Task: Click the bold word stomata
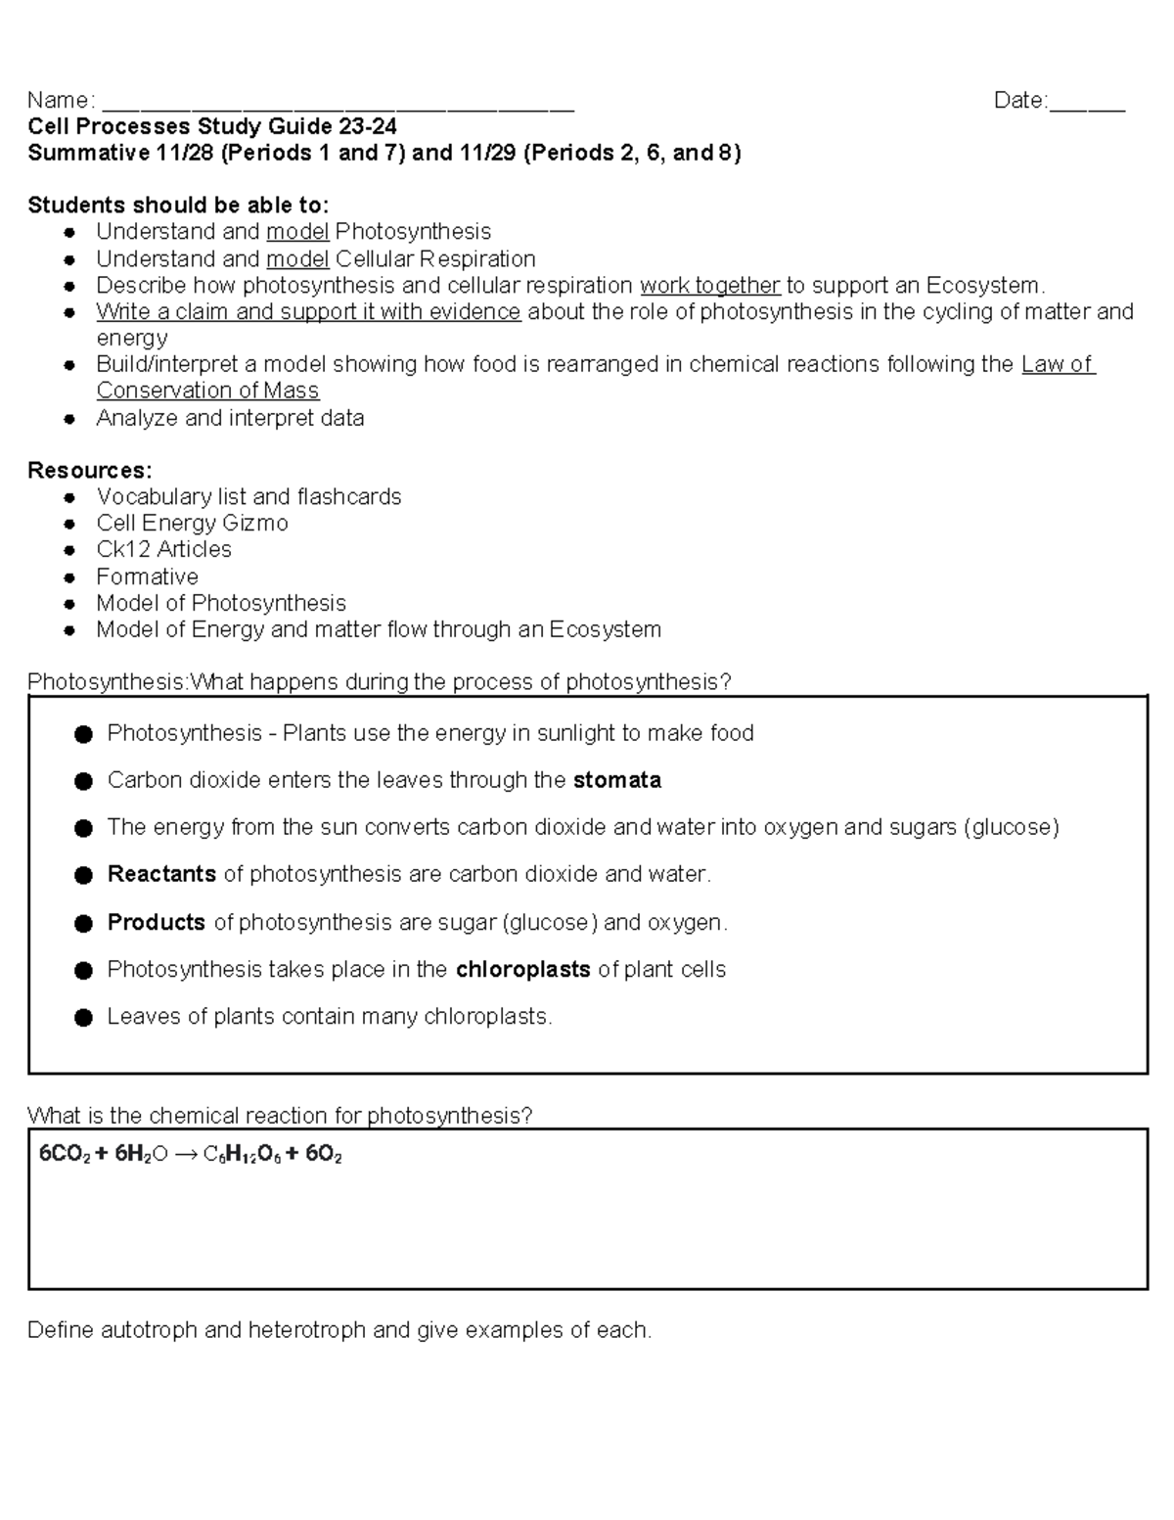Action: (x=617, y=780)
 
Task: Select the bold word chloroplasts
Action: (x=522, y=969)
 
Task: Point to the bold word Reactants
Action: (x=161, y=874)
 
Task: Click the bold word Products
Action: (x=157, y=922)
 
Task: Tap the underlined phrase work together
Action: (x=710, y=286)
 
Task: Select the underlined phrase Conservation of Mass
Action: (x=207, y=391)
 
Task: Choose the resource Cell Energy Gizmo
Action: (x=192, y=523)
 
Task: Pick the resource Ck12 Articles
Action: (x=163, y=549)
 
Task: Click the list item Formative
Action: (x=147, y=576)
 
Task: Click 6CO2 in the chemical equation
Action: (x=65, y=1155)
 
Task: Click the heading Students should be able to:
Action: (x=178, y=205)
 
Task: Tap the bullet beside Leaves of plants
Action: (x=83, y=1018)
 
